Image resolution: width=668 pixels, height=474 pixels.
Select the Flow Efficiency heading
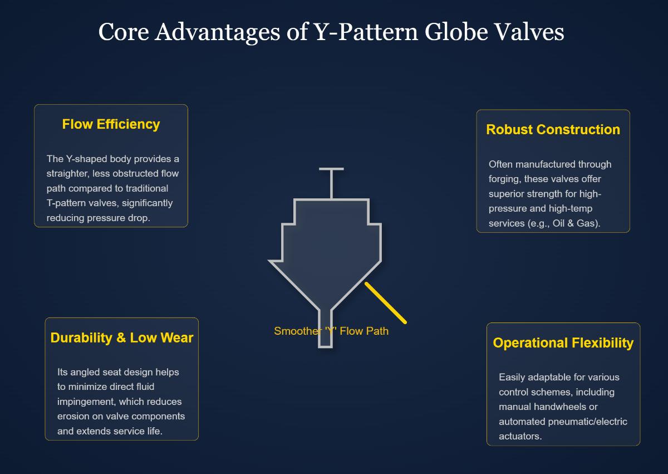click(x=111, y=124)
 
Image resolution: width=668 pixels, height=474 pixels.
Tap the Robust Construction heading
click(x=553, y=129)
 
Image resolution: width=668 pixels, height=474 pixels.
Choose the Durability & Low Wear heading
click(x=121, y=338)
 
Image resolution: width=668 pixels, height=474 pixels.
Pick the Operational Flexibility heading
click(x=563, y=343)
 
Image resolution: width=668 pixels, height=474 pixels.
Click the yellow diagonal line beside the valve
click(x=385, y=302)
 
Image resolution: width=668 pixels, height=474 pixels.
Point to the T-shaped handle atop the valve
click(x=331, y=169)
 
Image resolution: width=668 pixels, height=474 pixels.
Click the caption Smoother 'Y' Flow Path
click(x=331, y=331)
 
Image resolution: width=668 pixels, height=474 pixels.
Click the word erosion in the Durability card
click(x=72, y=416)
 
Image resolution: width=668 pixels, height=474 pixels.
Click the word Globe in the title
click(x=456, y=32)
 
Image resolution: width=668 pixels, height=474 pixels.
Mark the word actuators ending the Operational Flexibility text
click(x=520, y=436)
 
